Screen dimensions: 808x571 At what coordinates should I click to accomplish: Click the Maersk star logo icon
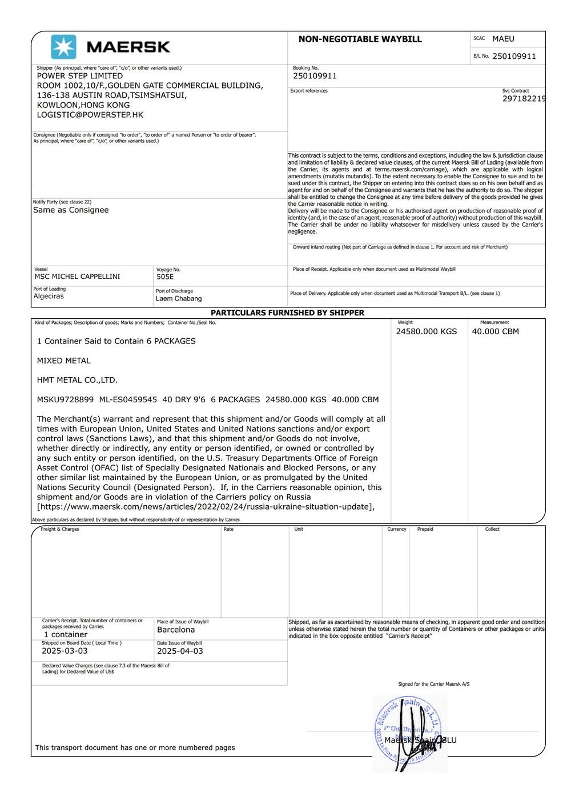[x=63, y=47]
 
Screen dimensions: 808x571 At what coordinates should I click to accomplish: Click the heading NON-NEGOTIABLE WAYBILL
[x=360, y=39]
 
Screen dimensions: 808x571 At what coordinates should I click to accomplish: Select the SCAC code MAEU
[x=503, y=39]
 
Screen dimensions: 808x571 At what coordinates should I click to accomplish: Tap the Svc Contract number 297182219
[x=524, y=99]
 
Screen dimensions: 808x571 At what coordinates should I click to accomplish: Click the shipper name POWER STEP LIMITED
[x=80, y=75]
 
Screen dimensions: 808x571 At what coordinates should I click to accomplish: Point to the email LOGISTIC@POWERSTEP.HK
[x=90, y=115]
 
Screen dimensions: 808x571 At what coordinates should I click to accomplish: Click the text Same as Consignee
[x=71, y=210]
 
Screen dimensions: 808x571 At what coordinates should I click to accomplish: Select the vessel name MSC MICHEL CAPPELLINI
[x=77, y=277]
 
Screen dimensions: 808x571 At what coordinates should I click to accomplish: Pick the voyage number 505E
[x=165, y=277]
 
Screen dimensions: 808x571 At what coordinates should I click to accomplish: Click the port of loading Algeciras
[x=49, y=296]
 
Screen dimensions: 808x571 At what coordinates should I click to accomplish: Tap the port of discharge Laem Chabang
[x=179, y=298]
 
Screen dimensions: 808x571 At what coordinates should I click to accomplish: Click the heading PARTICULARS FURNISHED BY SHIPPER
[x=287, y=313]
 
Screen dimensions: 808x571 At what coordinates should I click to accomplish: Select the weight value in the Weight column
[x=427, y=331]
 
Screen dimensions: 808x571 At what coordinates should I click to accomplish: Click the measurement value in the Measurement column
[x=495, y=331]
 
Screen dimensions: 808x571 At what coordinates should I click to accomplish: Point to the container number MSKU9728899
[x=65, y=399]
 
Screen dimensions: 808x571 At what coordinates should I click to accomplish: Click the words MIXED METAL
[x=64, y=361]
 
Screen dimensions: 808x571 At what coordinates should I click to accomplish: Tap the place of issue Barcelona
[x=176, y=630]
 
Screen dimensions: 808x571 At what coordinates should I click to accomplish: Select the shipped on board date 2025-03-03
[x=65, y=651]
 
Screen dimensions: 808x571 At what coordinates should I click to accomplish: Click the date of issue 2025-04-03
[x=180, y=651]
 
